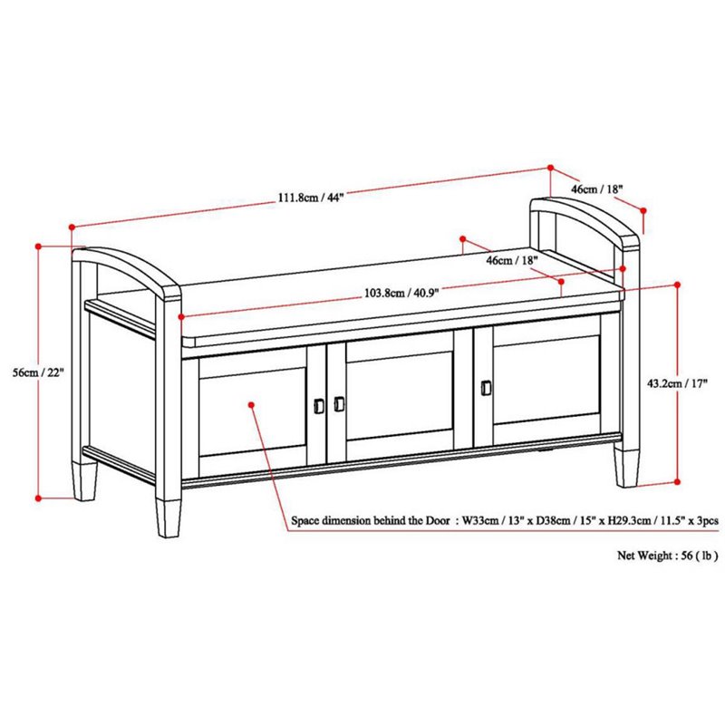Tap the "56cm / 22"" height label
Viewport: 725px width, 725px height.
pyautogui.click(x=53, y=375)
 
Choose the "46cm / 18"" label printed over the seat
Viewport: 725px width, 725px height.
pyautogui.click(x=511, y=260)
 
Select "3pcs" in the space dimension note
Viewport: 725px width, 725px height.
pyautogui.click(x=705, y=522)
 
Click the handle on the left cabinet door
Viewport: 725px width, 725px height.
pyautogui.click(x=319, y=405)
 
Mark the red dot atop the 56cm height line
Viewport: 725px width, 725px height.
pyautogui.click(x=38, y=244)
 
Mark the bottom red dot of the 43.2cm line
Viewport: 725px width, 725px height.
pyautogui.click(x=677, y=481)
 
